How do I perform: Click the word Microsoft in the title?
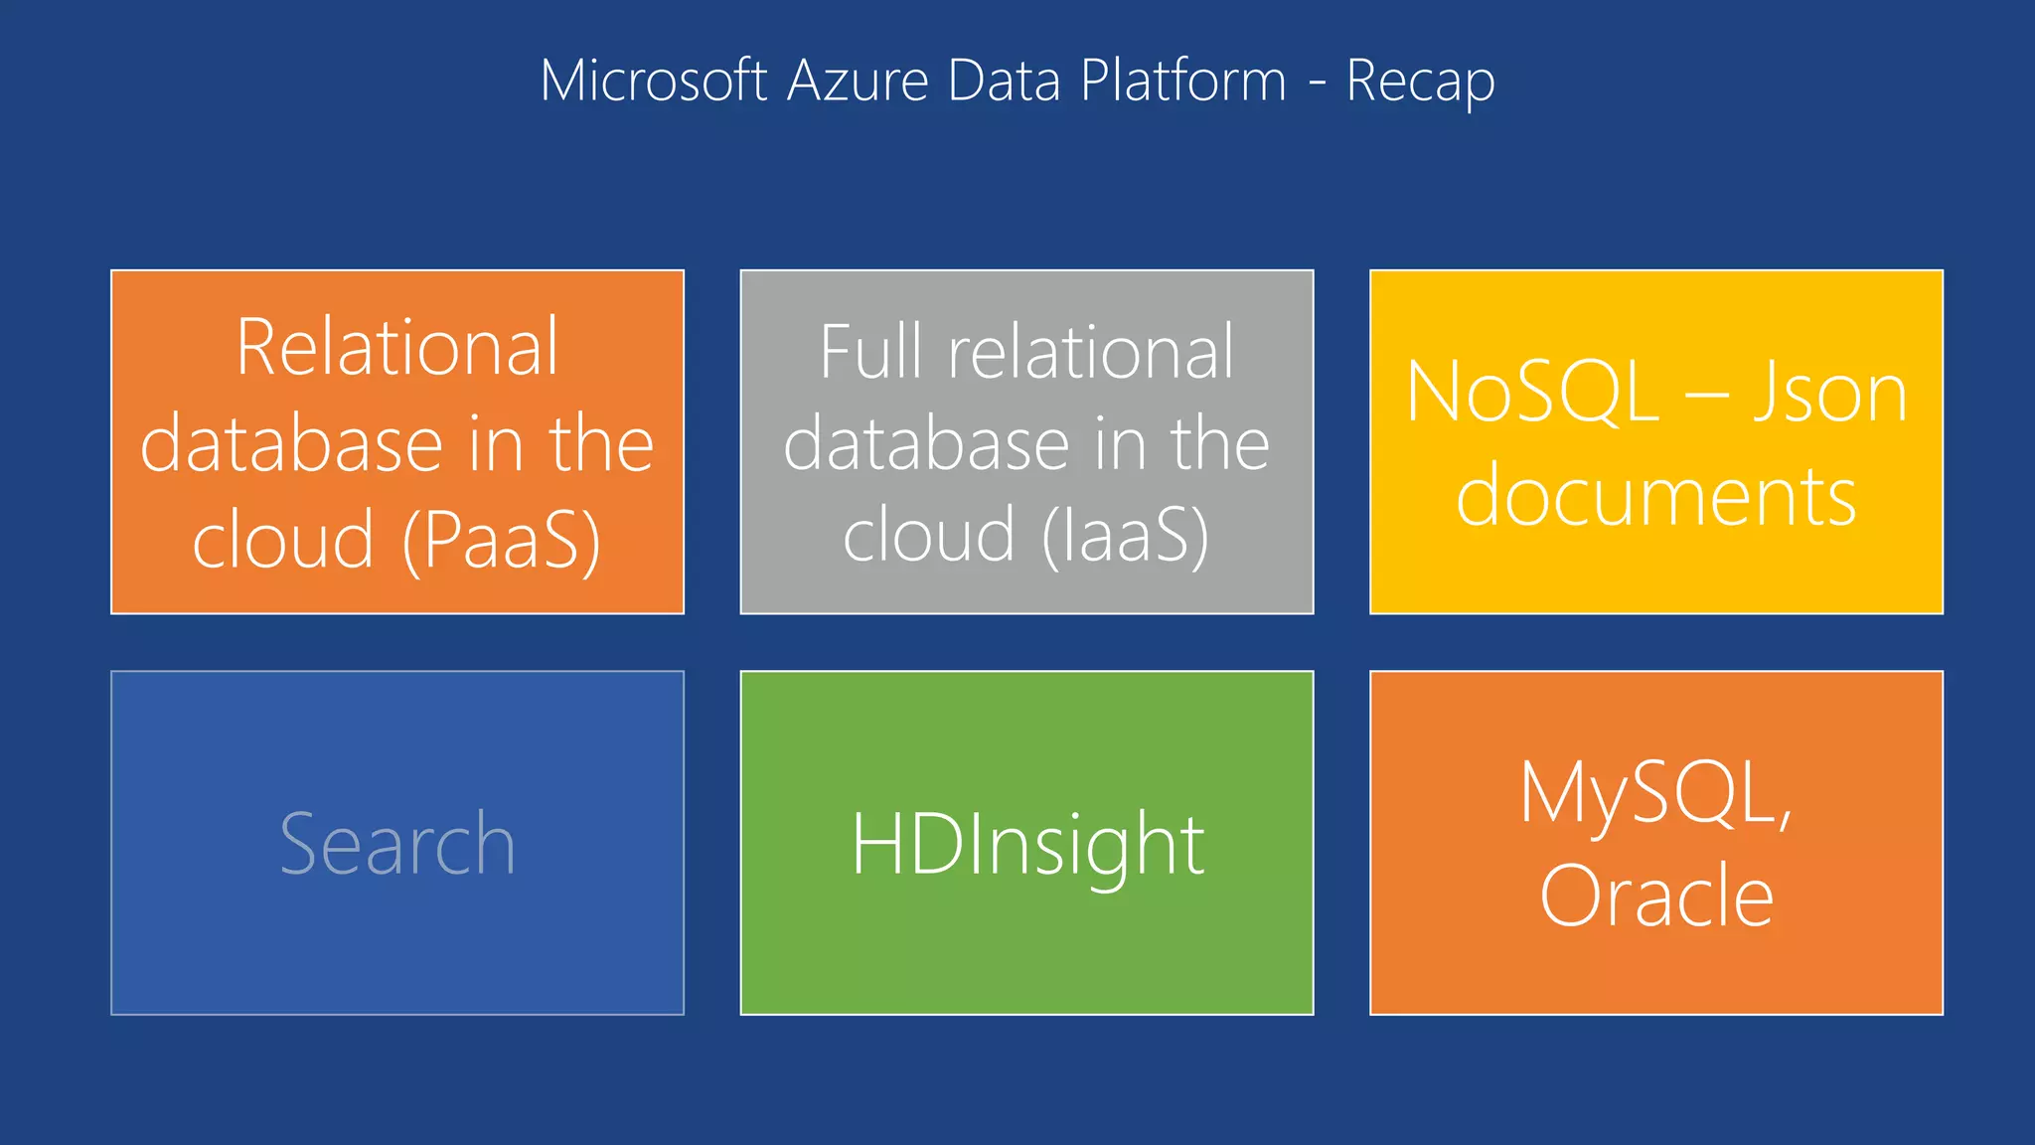tap(653, 81)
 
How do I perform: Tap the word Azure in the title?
tap(858, 81)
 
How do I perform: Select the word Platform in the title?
tap(1182, 81)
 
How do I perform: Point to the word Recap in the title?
tap(1420, 82)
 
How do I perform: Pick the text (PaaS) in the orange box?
tap(502, 541)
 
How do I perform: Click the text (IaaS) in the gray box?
tap(1126, 535)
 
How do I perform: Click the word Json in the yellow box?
tap(1829, 393)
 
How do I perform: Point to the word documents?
tap(1656, 496)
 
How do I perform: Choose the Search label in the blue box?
tap(397, 844)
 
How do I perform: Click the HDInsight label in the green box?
tap(1027, 844)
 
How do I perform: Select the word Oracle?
tap(1656, 896)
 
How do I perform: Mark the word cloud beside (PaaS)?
tap(283, 541)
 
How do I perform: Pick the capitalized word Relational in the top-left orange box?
tap(397, 347)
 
